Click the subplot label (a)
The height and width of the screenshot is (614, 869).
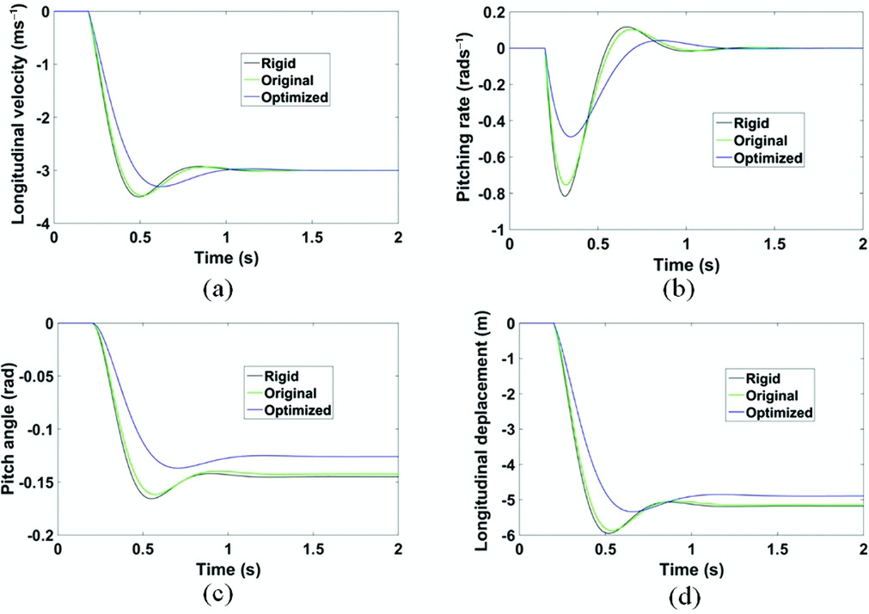click(217, 289)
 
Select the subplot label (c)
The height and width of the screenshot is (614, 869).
click(217, 593)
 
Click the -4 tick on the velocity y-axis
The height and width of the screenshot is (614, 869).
click(40, 224)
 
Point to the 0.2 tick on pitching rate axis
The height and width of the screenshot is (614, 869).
click(490, 12)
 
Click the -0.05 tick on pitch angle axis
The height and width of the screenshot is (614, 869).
click(29, 376)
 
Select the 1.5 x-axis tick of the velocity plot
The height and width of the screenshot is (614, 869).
click(312, 237)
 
